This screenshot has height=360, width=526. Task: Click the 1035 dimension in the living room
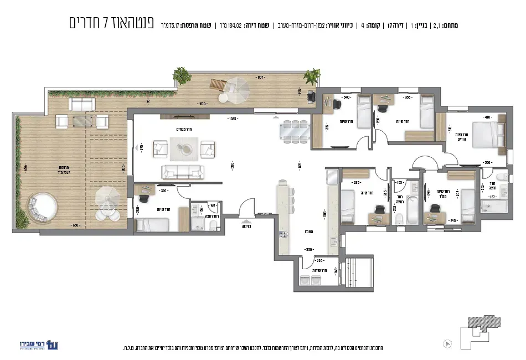(232, 119)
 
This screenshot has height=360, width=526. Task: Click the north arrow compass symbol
(447, 343)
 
